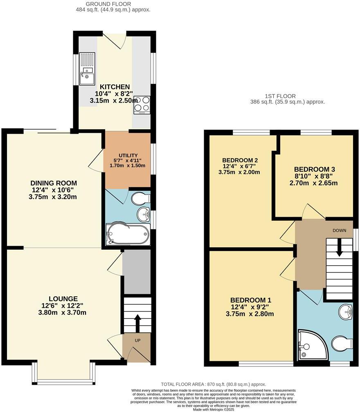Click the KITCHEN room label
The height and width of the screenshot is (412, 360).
point(115,87)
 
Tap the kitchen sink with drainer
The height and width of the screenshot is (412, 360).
point(87,68)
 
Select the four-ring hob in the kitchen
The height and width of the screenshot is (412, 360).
point(142,104)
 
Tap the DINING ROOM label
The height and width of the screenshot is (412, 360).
point(54,183)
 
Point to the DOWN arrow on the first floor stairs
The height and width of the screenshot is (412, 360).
point(339,247)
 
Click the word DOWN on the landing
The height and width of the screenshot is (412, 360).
point(339,231)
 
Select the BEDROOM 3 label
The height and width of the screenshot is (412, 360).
point(312,169)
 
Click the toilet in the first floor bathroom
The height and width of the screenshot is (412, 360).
point(341,343)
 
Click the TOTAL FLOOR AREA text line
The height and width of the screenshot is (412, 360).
point(213,384)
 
